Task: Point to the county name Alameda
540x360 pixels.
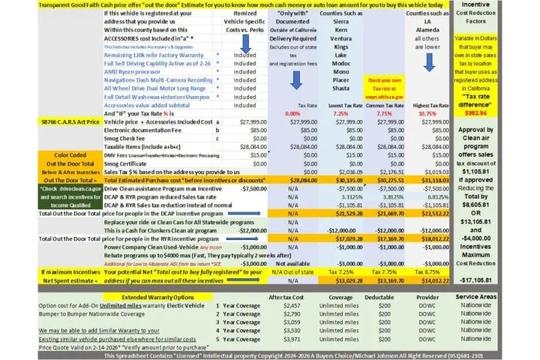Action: (424, 30)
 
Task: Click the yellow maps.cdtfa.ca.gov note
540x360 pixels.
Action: (385, 97)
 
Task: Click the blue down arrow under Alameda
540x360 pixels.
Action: (425, 58)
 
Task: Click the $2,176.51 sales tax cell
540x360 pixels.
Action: (385, 171)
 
